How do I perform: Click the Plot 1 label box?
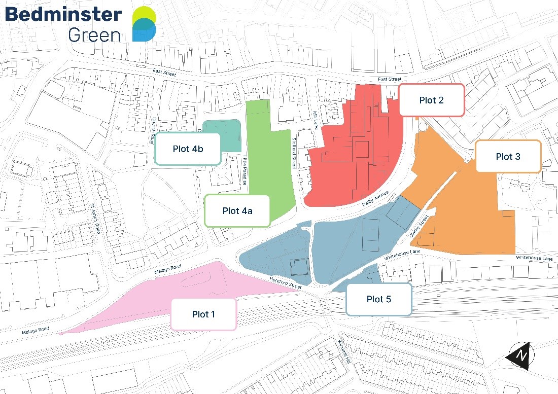[x=203, y=314]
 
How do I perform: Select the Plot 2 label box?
[x=431, y=100]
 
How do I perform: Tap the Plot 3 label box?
[x=508, y=157]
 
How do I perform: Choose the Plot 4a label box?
[x=237, y=210]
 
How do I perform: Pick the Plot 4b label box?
[x=188, y=149]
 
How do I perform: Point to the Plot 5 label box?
[x=378, y=299]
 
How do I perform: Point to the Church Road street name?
[x=154, y=131]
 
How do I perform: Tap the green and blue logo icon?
[x=144, y=24]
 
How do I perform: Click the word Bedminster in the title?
[x=63, y=14]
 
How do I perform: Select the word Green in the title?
[x=94, y=34]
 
